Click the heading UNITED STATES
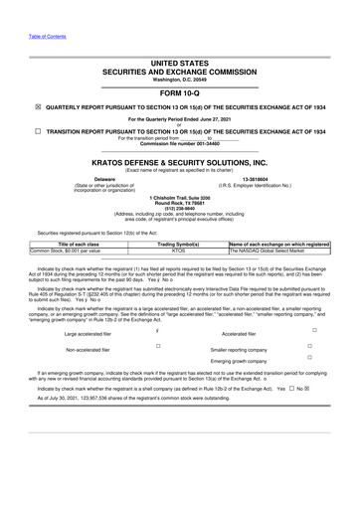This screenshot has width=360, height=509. click(180, 61)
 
